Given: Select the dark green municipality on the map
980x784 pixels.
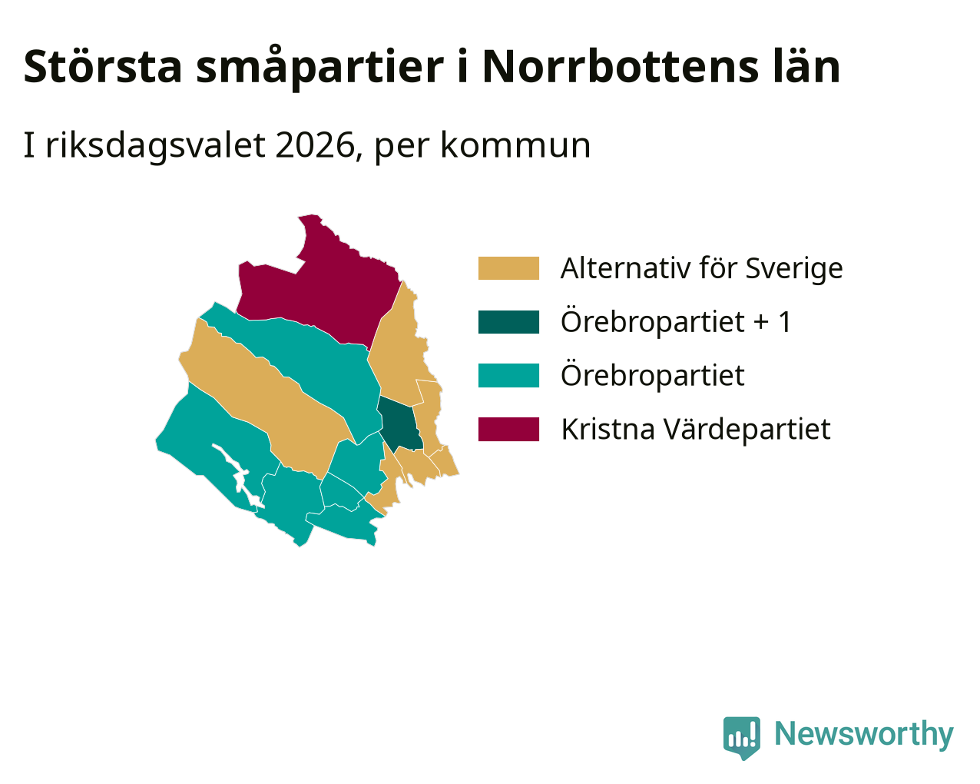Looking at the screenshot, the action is pyautogui.click(x=400, y=425).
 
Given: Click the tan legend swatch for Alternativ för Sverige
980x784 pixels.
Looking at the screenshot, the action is pyautogui.click(x=508, y=268).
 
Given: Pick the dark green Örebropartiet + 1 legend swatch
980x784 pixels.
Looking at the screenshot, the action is pyautogui.click(x=508, y=322).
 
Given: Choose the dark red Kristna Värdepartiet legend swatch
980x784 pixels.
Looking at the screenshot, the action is pyautogui.click(x=508, y=429).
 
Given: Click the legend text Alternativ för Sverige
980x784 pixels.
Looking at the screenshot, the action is pyautogui.click(x=701, y=268).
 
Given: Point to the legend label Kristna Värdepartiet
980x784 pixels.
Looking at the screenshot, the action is pyautogui.click(x=695, y=430).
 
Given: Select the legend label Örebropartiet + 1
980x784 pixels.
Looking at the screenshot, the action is pyautogui.click(x=676, y=322).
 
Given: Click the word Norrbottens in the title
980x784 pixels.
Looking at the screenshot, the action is pyautogui.click(x=620, y=67).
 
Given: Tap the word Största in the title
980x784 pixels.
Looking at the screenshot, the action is pyautogui.click(x=103, y=67).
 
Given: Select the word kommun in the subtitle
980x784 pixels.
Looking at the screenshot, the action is pyautogui.click(x=515, y=145).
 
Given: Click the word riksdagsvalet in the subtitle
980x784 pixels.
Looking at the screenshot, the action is pyautogui.click(x=155, y=145).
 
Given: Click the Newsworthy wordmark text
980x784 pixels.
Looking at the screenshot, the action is pyautogui.click(x=864, y=734).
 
